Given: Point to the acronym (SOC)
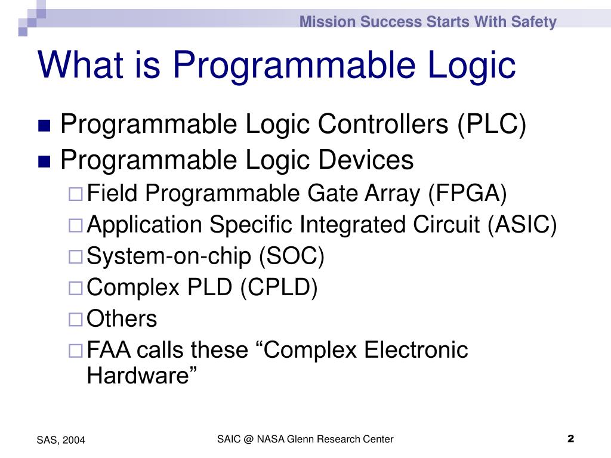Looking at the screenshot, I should click(x=291, y=256).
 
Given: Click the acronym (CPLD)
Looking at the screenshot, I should click(x=279, y=288).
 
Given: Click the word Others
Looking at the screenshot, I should click(x=122, y=319).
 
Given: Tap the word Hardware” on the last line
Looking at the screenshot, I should click(x=142, y=376).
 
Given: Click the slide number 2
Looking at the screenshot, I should click(x=570, y=440).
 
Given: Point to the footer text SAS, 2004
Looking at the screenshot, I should click(x=61, y=440).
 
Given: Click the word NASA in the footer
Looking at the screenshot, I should click(x=271, y=440).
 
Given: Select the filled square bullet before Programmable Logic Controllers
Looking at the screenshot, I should click(x=45, y=126).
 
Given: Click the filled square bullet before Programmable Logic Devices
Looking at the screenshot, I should click(x=45, y=161).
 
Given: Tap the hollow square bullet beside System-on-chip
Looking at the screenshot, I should click(x=75, y=257).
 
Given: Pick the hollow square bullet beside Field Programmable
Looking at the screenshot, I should click(x=75, y=194).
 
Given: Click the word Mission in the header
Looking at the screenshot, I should click(x=319, y=22).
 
